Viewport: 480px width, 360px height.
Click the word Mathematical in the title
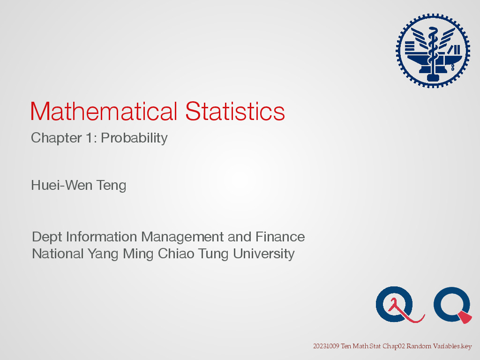pyautogui.click(x=104, y=111)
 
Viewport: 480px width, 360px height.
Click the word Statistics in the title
pyautogui.click(x=235, y=111)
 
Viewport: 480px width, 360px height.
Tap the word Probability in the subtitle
pyautogui.click(x=134, y=138)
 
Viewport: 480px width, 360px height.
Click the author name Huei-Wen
pyautogui.click(x=62, y=185)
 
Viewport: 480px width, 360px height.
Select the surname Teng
pyautogui.click(x=112, y=186)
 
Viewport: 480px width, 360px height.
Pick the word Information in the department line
pyautogui.click(x=102, y=237)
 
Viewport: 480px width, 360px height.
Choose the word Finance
pyautogui.click(x=280, y=237)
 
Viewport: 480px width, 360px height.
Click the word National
pyautogui.click(x=57, y=254)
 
